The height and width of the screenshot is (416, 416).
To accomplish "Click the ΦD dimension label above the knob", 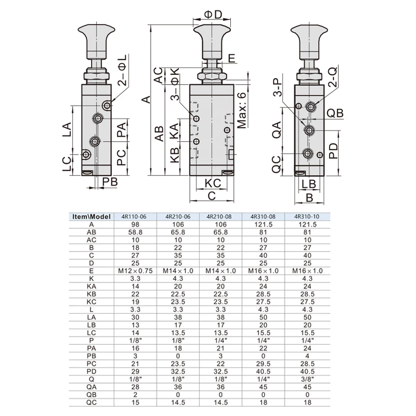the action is click(x=213, y=15).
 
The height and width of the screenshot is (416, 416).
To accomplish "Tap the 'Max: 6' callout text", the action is click(x=242, y=110).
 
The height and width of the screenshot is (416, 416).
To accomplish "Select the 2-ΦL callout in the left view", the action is click(x=123, y=70).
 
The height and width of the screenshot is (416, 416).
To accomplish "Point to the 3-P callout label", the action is click(x=278, y=87).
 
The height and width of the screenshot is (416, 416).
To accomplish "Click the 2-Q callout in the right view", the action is click(x=333, y=77).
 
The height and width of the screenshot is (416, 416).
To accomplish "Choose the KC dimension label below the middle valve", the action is click(x=213, y=183).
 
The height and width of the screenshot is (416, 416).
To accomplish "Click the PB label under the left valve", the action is click(x=110, y=182).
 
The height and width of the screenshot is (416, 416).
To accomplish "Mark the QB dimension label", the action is click(x=335, y=113).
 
